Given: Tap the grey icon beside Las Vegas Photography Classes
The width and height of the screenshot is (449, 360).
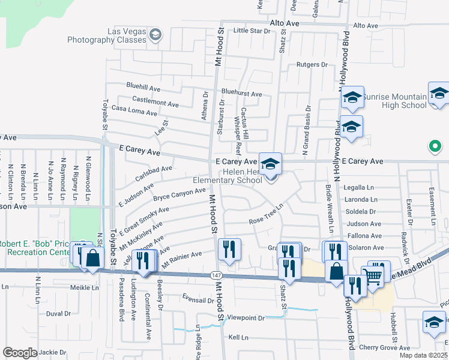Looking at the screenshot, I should pyautogui.click(x=155, y=34).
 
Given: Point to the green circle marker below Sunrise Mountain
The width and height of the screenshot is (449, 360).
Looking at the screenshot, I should pyautogui.click(x=436, y=146).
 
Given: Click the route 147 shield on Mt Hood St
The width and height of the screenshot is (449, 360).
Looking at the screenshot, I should pyautogui.click(x=215, y=274).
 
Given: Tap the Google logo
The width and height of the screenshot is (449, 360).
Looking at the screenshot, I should pyautogui.click(x=20, y=352).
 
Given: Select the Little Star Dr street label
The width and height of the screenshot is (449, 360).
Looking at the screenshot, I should pyautogui.click(x=252, y=30).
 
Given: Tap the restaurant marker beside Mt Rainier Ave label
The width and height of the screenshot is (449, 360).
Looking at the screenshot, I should pyautogui.click(x=228, y=250).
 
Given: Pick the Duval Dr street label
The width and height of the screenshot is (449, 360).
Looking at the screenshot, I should pyautogui.click(x=59, y=313).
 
